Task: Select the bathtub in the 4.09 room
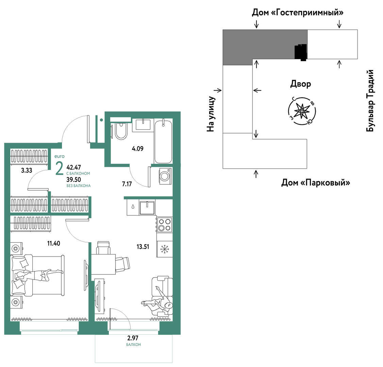pos(163,142)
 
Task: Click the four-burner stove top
pos(164,225)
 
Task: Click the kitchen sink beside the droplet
pos(147,207)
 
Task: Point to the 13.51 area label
pos(143,247)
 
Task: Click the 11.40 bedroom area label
pos(53,243)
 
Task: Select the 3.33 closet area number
pos(27,170)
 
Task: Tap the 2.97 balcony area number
pos(133,338)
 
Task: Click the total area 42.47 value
pos(73,168)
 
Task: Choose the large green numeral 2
pos(60,169)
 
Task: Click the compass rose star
pos(302,111)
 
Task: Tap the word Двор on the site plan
pos(300,84)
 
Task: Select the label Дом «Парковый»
pos(316,182)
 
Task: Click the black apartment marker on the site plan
pos(301,52)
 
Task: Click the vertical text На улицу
pos(211,114)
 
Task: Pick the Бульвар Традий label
pos(370,101)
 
